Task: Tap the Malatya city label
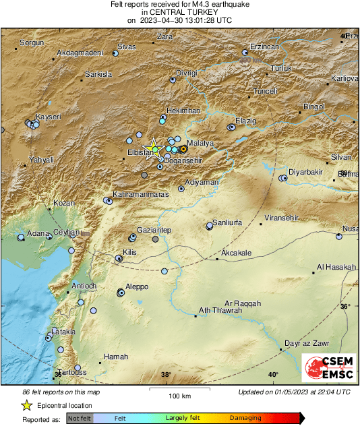click(x=200, y=144)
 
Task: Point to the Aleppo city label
click(x=137, y=286)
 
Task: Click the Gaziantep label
click(x=154, y=231)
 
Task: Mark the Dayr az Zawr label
click(x=307, y=343)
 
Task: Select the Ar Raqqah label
click(x=243, y=303)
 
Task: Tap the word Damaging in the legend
click(x=245, y=418)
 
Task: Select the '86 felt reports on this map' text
click(x=61, y=392)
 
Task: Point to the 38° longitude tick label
click(x=167, y=375)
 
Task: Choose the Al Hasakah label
click(x=336, y=268)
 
